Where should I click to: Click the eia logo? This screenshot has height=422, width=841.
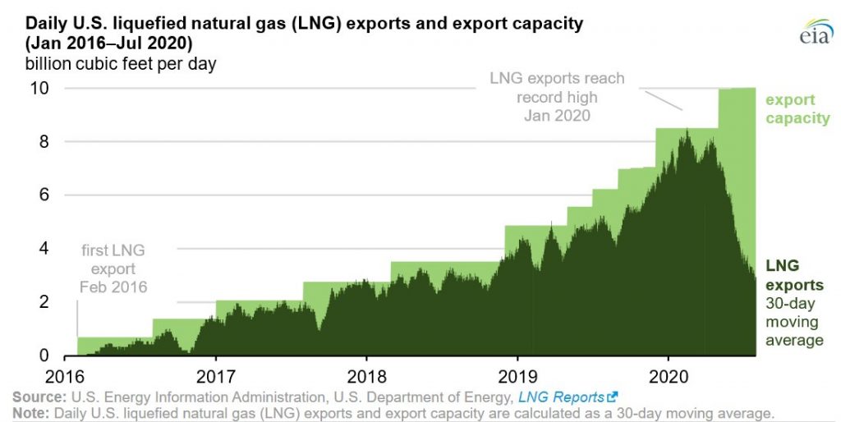(814, 30)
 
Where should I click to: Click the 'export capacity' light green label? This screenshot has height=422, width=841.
(797, 109)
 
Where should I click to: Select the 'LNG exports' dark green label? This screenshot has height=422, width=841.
(794, 276)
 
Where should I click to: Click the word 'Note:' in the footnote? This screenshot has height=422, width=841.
(30, 411)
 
